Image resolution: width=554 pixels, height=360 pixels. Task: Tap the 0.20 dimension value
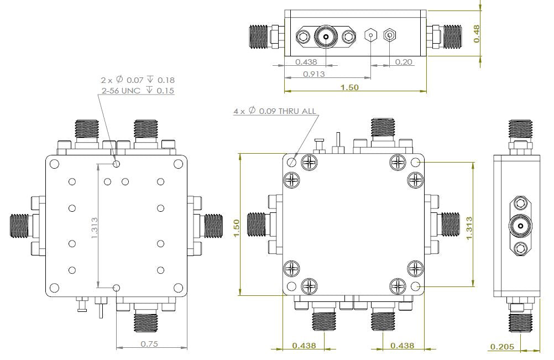(404, 62)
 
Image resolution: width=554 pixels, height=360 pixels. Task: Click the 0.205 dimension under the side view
(502, 347)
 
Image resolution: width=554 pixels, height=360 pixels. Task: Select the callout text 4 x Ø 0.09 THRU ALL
(275, 111)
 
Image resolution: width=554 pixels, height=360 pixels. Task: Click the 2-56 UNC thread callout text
(137, 90)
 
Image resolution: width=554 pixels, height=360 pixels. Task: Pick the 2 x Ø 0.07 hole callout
(138, 80)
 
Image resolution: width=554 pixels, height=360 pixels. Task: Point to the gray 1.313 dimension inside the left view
(94, 226)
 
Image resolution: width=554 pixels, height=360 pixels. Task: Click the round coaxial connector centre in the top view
(326, 38)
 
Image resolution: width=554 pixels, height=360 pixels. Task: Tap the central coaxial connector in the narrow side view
(520, 226)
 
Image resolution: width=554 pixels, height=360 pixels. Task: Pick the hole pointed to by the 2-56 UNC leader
(116, 164)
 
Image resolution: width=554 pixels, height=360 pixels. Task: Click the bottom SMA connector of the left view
(145, 320)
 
